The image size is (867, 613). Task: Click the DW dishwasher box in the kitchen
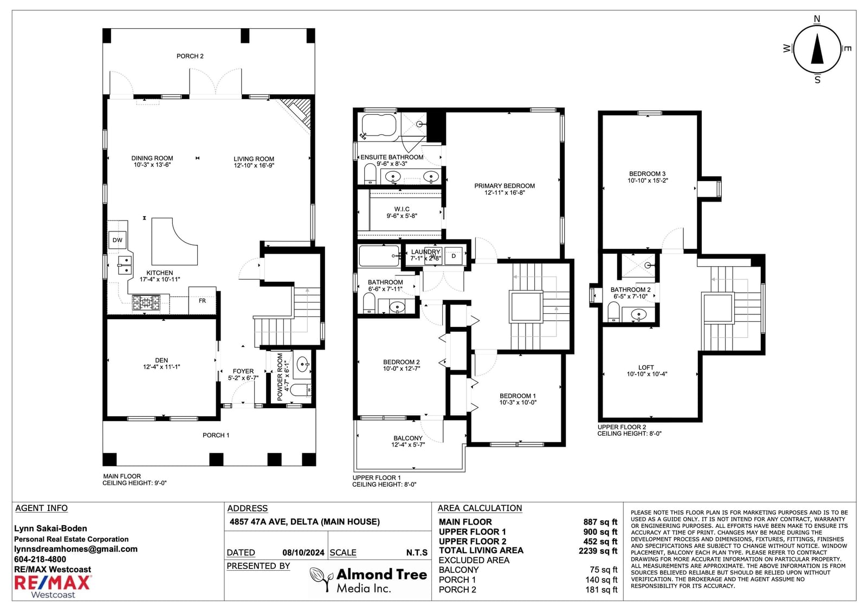click(117, 240)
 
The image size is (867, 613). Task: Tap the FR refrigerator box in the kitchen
click(202, 300)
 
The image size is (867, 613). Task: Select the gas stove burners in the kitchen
click(146, 302)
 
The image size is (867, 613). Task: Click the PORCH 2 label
click(190, 56)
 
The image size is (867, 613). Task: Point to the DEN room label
click(161, 360)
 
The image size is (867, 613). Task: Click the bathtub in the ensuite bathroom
click(379, 125)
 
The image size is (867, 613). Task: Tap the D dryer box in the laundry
click(454, 256)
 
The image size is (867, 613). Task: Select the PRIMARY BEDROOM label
click(504, 186)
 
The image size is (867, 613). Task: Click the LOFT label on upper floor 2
click(646, 367)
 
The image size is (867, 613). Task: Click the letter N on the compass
click(817, 19)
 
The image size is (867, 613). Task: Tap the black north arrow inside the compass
click(817, 49)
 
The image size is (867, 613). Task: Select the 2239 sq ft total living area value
click(598, 551)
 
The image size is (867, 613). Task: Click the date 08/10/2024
click(303, 553)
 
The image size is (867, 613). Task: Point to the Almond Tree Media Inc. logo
click(368, 580)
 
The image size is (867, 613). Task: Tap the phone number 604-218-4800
click(40, 559)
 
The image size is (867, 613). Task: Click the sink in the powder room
click(303, 364)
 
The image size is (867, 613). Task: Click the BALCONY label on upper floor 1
click(408, 438)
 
